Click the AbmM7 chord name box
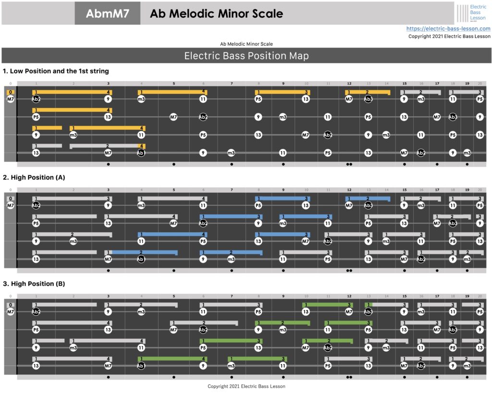click(108, 13)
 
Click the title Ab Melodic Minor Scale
click(216, 13)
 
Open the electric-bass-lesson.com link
click(448, 29)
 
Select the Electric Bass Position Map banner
click(246, 56)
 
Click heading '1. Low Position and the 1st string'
click(56, 71)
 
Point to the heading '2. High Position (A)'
click(34, 177)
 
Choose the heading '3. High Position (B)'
click(34, 284)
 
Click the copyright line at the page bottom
click(246, 386)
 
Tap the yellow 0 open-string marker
click(11, 92)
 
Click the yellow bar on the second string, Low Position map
click(72, 110)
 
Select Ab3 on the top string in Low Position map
click(368, 99)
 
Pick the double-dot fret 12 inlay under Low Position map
click(349, 164)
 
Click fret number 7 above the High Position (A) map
click(232, 190)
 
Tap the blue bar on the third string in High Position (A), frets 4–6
click(172, 235)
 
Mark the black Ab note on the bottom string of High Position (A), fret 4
click(141, 259)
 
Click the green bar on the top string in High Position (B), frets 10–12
click(327, 305)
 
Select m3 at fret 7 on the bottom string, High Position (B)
click(231, 366)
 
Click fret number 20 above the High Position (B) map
click(480, 296)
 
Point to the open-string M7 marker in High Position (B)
click(11, 312)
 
